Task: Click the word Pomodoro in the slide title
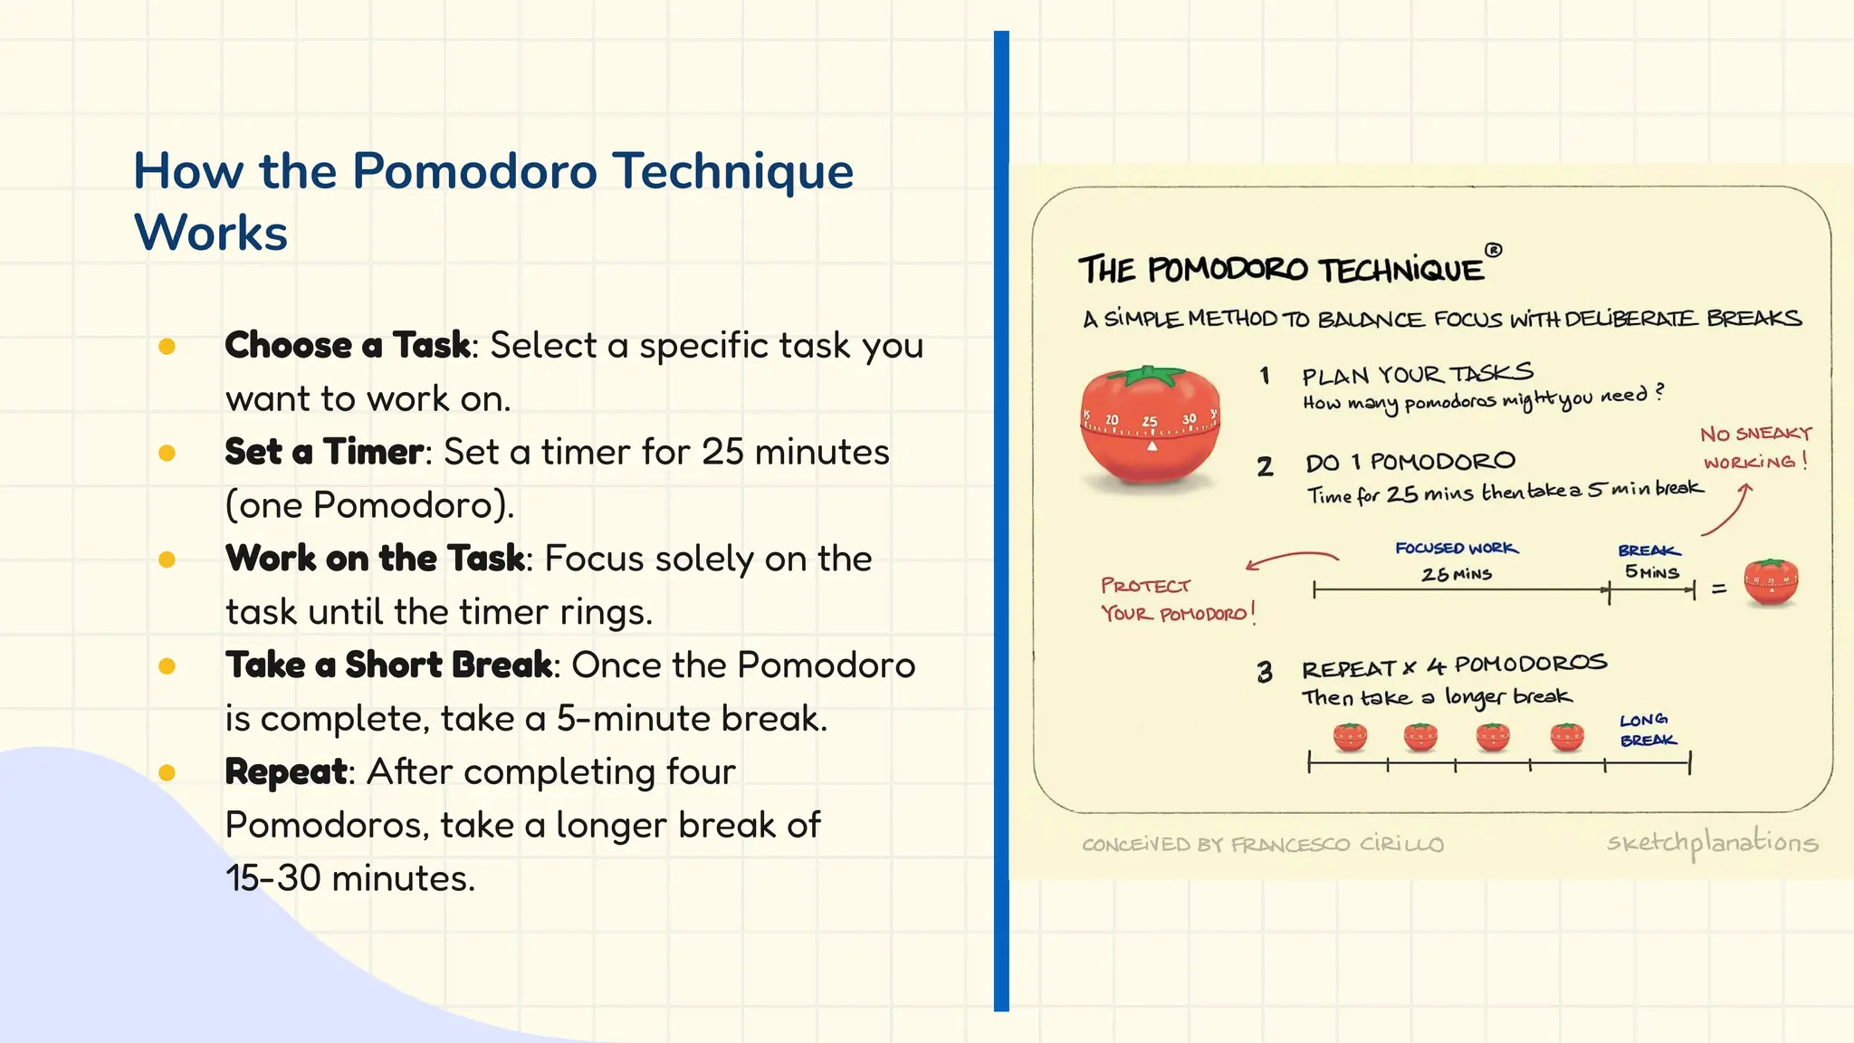pos(474,172)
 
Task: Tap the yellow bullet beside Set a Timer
pos(167,453)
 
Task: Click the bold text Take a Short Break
pos(389,665)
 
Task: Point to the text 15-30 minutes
pos(349,878)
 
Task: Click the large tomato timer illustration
pos(1150,431)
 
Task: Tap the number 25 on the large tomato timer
pos(1150,421)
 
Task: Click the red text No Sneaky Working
pos(1755,448)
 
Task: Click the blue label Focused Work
pos(1456,549)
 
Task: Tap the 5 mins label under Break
pos(1651,572)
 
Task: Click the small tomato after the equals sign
pos(1771,583)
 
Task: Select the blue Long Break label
pos(1647,730)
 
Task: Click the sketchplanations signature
pos(1711,843)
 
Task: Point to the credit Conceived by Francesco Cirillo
pos(1262,845)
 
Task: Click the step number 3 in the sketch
pos(1265,672)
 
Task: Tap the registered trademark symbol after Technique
pos(1494,250)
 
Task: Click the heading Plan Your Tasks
pos(1417,374)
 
